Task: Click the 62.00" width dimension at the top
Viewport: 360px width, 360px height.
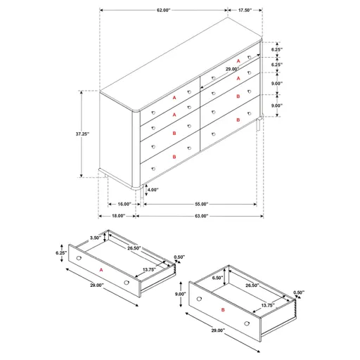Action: click(163, 11)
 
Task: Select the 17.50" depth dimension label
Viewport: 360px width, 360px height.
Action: click(245, 11)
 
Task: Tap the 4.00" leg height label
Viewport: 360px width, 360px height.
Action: click(153, 189)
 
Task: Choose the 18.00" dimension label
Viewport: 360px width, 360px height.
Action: click(117, 216)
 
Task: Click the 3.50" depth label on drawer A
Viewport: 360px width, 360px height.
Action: click(94, 238)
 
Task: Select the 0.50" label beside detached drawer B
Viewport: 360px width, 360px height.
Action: click(299, 292)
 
